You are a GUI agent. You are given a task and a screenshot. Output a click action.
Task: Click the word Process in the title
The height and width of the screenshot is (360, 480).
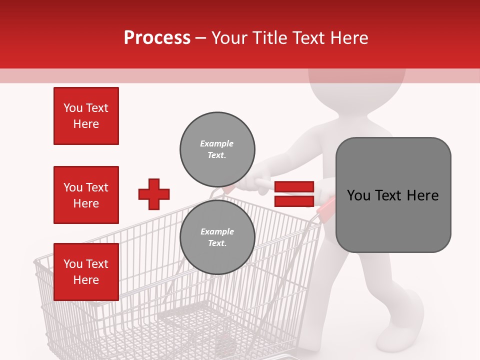pos(157,38)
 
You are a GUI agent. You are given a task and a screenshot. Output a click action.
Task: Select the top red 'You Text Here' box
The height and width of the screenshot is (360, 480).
pos(86,116)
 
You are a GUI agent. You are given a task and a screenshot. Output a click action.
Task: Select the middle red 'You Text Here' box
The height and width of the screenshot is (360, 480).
pos(86,195)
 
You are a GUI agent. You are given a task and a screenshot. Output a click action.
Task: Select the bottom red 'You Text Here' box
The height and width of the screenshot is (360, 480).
pos(86,271)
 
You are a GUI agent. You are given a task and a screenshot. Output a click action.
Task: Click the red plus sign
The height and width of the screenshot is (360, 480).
pos(154,194)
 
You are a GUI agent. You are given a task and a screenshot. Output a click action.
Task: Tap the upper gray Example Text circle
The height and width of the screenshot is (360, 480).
pos(217,149)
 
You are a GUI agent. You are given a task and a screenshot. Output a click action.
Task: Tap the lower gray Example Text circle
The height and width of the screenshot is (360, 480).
pos(217,237)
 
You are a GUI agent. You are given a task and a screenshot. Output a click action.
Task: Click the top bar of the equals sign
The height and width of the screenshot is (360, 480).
pos(294,187)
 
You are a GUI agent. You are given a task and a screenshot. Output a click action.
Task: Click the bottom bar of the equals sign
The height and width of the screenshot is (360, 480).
pos(294,201)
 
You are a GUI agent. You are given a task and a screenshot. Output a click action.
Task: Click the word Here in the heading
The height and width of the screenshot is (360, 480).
pos(348,38)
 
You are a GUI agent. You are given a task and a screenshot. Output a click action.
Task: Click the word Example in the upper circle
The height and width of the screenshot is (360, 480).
pos(216,143)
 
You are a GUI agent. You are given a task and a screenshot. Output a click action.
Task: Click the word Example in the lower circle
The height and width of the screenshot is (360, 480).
pos(216,231)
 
